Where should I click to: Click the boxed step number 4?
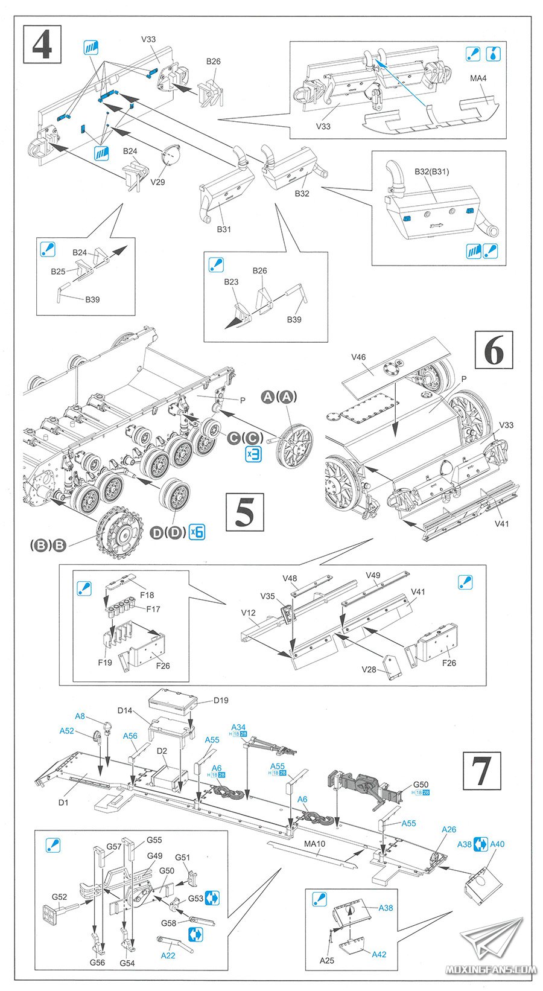click(42, 43)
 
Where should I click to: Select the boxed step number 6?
click(494, 350)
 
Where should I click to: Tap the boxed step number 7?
click(481, 771)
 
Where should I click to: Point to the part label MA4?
click(478, 78)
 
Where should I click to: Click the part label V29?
click(157, 182)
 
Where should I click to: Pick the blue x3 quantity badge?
click(253, 455)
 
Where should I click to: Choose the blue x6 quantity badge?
click(197, 532)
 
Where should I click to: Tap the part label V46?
click(358, 357)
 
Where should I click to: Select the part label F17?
click(153, 609)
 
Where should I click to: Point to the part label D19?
click(221, 701)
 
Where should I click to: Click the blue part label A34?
click(238, 727)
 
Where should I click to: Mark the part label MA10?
click(314, 844)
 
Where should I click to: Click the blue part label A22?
click(168, 955)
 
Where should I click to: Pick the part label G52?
click(59, 897)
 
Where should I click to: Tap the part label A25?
click(326, 960)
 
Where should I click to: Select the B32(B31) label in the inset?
click(431, 171)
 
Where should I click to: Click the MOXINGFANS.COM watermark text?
click(490, 970)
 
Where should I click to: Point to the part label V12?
click(249, 613)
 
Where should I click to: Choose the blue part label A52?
click(66, 731)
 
